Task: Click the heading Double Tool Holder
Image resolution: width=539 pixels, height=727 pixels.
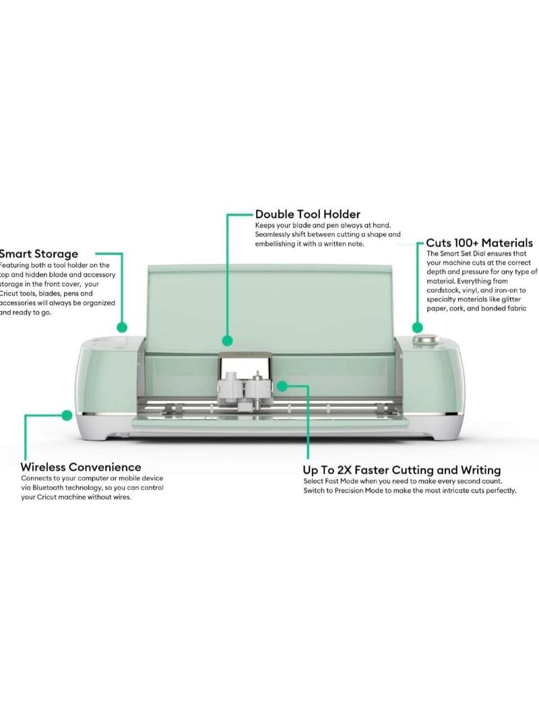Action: coord(307,214)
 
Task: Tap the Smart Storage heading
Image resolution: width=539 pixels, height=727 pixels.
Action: coord(39,254)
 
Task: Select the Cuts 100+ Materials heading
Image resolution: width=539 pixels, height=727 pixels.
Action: coord(479,242)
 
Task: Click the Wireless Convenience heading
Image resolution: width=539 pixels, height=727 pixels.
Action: coord(81,466)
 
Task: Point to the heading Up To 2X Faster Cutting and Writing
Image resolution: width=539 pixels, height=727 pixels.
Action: coord(402,470)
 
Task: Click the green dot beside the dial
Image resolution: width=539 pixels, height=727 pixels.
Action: coord(417,328)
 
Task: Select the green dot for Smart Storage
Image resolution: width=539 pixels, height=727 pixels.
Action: coord(122,327)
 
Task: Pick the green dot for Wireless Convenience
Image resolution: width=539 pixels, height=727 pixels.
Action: coord(66,415)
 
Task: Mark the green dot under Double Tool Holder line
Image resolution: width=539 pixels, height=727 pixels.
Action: coord(228,341)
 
